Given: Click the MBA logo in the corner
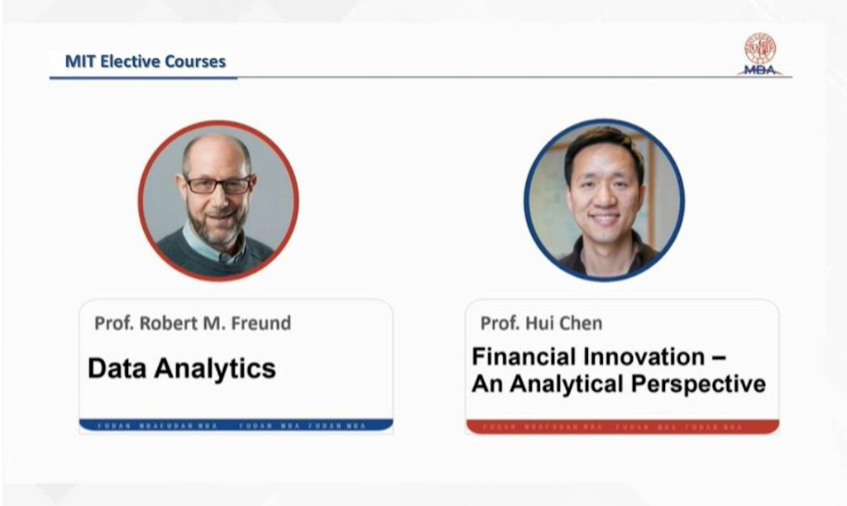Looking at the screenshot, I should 759,55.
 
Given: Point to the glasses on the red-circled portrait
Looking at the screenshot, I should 218,184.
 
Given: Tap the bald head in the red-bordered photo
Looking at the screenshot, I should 217,149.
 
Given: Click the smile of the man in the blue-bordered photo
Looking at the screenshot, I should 605,219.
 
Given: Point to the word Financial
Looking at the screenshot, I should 524,357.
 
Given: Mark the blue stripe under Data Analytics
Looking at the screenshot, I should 236,425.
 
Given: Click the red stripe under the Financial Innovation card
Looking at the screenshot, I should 622,427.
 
